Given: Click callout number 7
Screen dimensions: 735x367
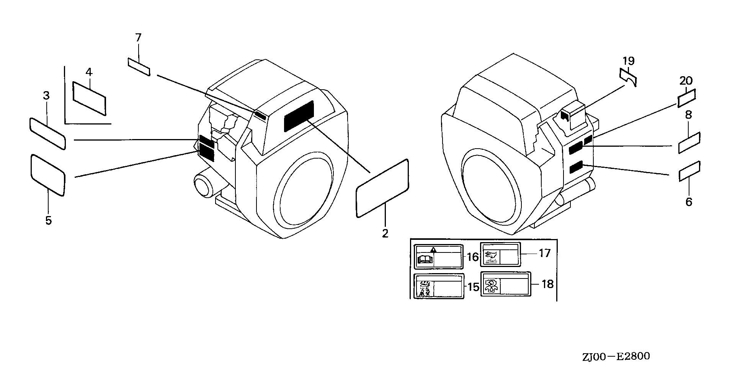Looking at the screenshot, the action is (x=138, y=38).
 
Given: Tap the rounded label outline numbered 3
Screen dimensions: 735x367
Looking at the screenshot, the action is (x=47, y=133).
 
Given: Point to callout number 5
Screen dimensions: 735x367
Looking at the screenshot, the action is (x=48, y=221).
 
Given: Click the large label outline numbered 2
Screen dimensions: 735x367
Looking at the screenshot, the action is (x=382, y=188).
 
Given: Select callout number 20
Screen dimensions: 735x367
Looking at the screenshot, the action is (x=686, y=81).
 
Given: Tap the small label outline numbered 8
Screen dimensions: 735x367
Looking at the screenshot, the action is (x=689, y=143).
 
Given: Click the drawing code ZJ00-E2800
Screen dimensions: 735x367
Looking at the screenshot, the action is (x=616, y=357).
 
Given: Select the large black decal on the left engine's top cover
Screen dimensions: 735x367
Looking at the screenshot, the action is (x=299, y=116).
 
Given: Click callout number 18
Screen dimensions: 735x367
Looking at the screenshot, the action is (x=548, y=284).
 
